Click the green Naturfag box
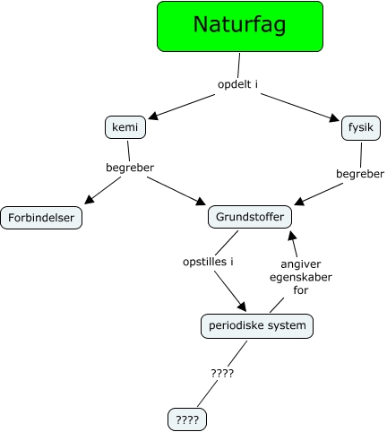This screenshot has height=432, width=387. [x=239, y=26]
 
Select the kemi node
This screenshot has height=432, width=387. [x=125, y=127]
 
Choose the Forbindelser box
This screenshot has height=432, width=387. [x=42, y=218]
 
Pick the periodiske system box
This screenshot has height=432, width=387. [x=257, y=326]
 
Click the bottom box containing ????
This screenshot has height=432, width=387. [x=187, y=419]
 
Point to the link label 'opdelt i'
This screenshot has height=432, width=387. [x=238, y=85]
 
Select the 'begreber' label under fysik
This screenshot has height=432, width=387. [x=360, y=173]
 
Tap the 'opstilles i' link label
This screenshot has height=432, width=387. [x=208, y=263]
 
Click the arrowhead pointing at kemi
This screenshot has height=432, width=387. [x=153, y=117]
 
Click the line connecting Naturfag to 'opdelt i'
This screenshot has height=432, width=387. [x=239, y=65]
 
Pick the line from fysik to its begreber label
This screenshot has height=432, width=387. [x=361, y=152]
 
